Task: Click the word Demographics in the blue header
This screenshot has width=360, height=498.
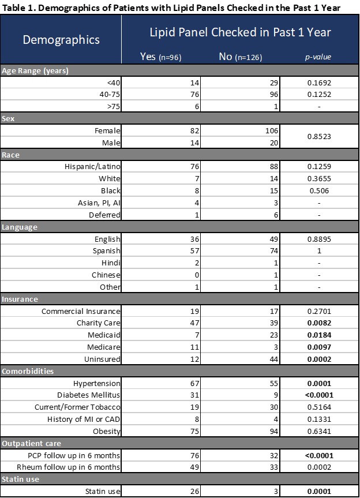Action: (x=61, y=39)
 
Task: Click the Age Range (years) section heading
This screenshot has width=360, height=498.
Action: (x=35, y=71)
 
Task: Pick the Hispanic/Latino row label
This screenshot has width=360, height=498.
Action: (x=93, y=166)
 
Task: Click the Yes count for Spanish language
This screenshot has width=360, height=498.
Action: (x=194, y=250)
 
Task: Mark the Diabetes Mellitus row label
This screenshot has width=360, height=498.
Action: (x=89, y=395)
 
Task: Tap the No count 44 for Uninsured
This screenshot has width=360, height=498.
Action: (x=273, y=358)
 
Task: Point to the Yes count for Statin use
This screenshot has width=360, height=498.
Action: (x=194, y=491)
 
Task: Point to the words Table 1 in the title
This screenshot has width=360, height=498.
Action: (x=18, y=7)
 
